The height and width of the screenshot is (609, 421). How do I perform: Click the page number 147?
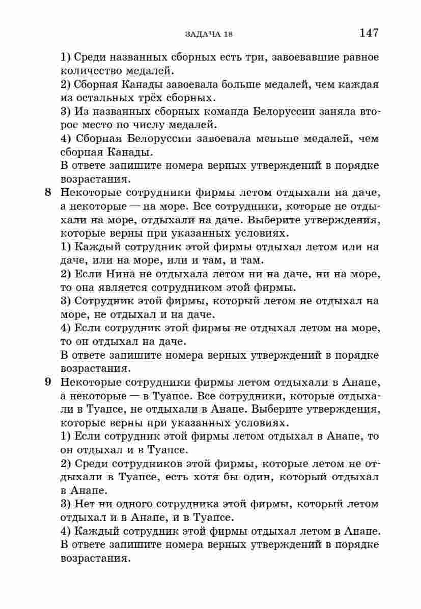pos(369,33)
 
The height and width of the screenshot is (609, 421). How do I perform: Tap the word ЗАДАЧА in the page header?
pos(200,34)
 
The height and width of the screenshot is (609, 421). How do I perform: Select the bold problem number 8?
pos(48,192)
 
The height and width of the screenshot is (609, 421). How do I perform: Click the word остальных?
pos(101,98)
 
